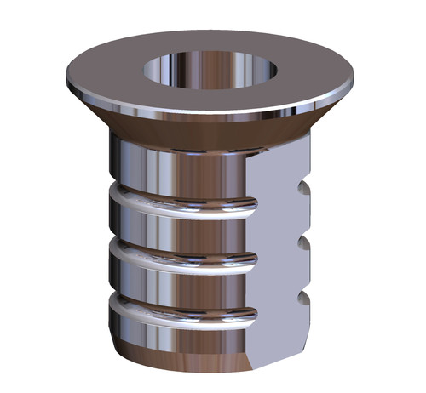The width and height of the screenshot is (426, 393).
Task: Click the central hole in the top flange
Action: point(210,70)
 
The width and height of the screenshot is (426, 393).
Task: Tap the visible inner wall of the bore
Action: point(210,61)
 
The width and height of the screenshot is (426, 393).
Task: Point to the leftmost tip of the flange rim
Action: point(66,82)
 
